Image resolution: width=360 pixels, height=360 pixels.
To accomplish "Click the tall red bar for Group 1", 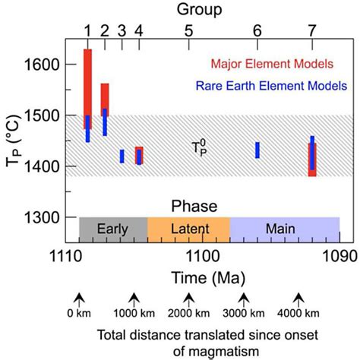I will pyautogui.click(x=87, y=84).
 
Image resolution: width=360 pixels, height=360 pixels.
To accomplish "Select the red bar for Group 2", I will pyautogui.click(x=105, y=95).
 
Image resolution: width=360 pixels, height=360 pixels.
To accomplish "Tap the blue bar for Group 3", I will pyautogui.click(x=122, y=156).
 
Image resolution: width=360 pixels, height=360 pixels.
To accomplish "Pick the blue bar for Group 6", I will pyautogui.click(x=257, y=150).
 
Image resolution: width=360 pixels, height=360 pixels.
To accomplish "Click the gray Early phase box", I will pyautogui.click(x=112, y=228).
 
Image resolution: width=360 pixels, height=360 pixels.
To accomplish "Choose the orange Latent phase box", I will pyautogui.click(x=188, y=228).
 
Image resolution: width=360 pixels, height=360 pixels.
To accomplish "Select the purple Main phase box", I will pyautogui.click(x=284, y=228).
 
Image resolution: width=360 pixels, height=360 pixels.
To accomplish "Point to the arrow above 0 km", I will pyautogui.click(x=78, y=297).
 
